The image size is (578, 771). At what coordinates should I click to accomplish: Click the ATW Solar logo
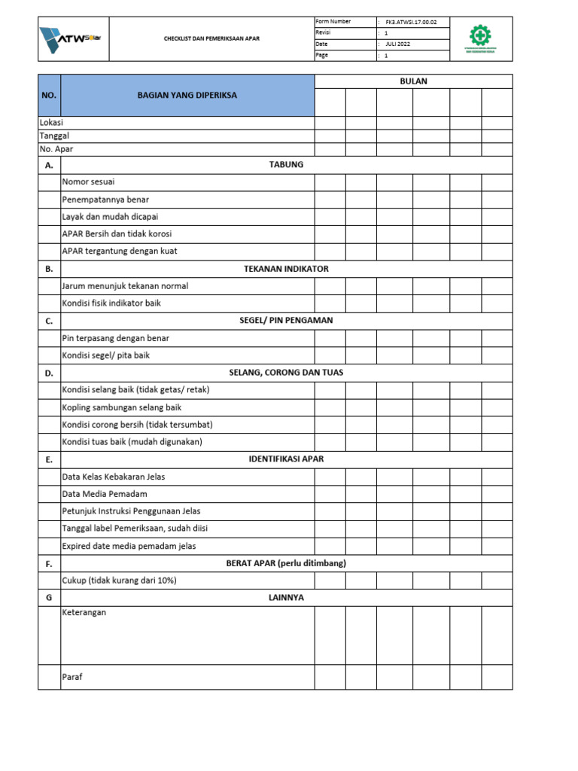(x=74, y=38)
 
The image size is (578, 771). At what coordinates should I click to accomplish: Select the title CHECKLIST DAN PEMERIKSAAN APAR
(x=212, y=38)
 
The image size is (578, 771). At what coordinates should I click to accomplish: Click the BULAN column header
(x=413, y=81)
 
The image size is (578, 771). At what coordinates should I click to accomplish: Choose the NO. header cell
(x=49, y=96)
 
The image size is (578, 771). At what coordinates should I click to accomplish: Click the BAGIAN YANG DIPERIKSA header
(x=187, y=96)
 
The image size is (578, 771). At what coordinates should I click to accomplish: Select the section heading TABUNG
(x=286, y=165)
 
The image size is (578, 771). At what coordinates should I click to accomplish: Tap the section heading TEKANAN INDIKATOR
(x=286, y=269)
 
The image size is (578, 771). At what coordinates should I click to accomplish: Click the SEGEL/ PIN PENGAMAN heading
(x=286, y=321)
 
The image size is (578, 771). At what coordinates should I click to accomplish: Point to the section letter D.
(x=49, y=373)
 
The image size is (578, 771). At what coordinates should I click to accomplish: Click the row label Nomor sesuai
(x=89, y=182)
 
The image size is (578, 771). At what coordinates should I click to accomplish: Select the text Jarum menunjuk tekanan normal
(x=125, y=286)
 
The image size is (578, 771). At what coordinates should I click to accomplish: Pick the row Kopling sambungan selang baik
(x=122, y=407)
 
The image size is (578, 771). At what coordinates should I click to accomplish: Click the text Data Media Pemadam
(x=105, y=494)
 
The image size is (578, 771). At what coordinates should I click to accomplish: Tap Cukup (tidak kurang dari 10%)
(x=118, y=581)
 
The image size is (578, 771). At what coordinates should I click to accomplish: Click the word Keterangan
(x=84, y=613)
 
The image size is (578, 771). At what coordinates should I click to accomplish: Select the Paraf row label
(x=72, y=677)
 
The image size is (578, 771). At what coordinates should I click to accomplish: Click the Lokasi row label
(x=51, y=123)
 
